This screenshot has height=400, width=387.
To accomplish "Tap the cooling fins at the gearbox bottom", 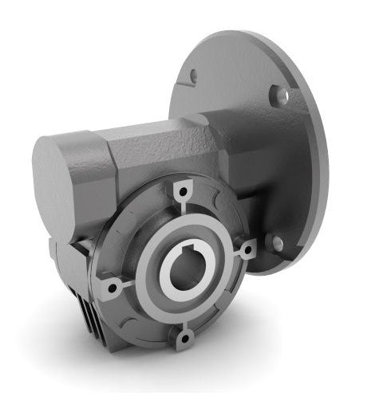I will (92, 307).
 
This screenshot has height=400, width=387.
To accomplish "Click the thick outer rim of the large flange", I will (319, 159).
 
